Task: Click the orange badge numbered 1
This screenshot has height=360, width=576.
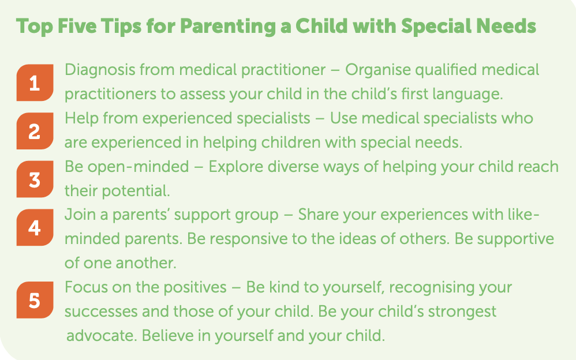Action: click(x=35, y=82)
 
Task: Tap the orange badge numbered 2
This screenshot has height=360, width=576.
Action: click(x=35, y=131)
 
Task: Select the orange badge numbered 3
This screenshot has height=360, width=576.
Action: click(x=35, y=179)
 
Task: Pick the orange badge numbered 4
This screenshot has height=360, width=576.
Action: click(x=35, y=227)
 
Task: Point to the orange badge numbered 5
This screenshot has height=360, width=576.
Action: click(x=35, y=300)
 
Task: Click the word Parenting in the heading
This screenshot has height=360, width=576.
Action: click(x=228, y=27)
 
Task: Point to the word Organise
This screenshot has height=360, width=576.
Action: click(x=377, y=70)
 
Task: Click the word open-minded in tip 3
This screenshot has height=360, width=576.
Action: click(x=138, y=167)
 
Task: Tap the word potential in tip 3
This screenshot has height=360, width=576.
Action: click(x=136, y=191)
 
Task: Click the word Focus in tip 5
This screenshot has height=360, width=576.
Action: click(x=86, y=287)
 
